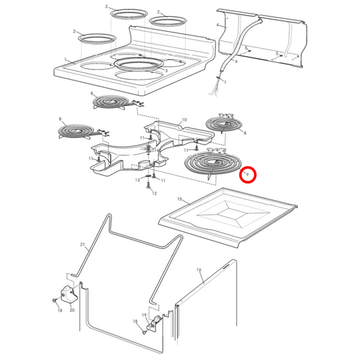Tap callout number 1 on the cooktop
[66, 61]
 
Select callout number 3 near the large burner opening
[165, 70]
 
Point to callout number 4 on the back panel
[217, 25]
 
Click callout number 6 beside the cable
[236, 61]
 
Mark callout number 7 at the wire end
[225, 82]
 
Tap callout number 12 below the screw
[154, 194]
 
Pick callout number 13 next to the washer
[138, 180]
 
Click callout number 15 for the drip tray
[179, 200]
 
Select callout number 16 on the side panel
[199, 270]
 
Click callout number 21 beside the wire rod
[82, 244]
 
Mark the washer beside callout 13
[147, 179]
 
